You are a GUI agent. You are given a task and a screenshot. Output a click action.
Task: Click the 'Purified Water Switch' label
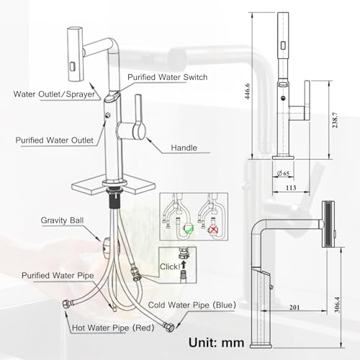[x=168, y=77]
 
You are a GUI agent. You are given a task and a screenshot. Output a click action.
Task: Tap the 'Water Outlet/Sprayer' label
[x=54, y=94]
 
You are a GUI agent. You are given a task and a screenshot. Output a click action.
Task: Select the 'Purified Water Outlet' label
[x=55, y=140]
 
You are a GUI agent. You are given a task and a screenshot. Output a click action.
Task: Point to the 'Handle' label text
[x=184, y=148]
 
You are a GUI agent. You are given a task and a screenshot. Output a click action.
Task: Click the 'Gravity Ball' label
[x=62, y=220]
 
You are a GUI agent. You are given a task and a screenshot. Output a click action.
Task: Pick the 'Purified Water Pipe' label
[x=58, y=275]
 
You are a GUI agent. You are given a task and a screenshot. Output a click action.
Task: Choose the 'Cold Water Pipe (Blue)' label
[x=192, y=305]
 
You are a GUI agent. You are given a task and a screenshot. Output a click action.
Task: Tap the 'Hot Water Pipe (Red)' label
[x=113, y=328]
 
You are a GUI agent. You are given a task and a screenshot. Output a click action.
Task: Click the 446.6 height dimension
[x=247, y=91]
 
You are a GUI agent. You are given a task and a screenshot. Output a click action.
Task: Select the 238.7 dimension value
[x=335, y=120]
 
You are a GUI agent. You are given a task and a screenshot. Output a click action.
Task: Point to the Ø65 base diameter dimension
[x=283, y=174]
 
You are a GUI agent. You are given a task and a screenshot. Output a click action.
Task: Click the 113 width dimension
[x=291, y=187]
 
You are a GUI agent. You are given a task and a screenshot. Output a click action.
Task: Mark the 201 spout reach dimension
[x=294, y=307]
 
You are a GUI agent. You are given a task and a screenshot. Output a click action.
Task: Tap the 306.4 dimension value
[x=337, y=305]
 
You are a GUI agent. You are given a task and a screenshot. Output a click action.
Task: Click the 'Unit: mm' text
[x=216, y=343]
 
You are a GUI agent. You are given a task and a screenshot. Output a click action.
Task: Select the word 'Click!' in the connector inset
[x=170, y=266]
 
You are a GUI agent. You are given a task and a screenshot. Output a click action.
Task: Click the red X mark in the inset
[x=212, y=230]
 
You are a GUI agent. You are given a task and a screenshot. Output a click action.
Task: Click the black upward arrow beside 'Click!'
[x=184, y=265]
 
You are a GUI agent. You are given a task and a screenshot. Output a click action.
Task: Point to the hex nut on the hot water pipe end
[x=66, y=305]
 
